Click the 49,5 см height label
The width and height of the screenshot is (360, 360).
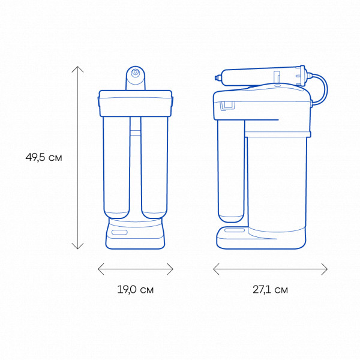(44, 157)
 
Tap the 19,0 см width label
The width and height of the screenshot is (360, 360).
(136, 290)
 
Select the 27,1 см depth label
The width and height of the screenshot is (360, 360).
(270, 290)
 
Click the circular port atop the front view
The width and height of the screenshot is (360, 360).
(136, 73)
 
